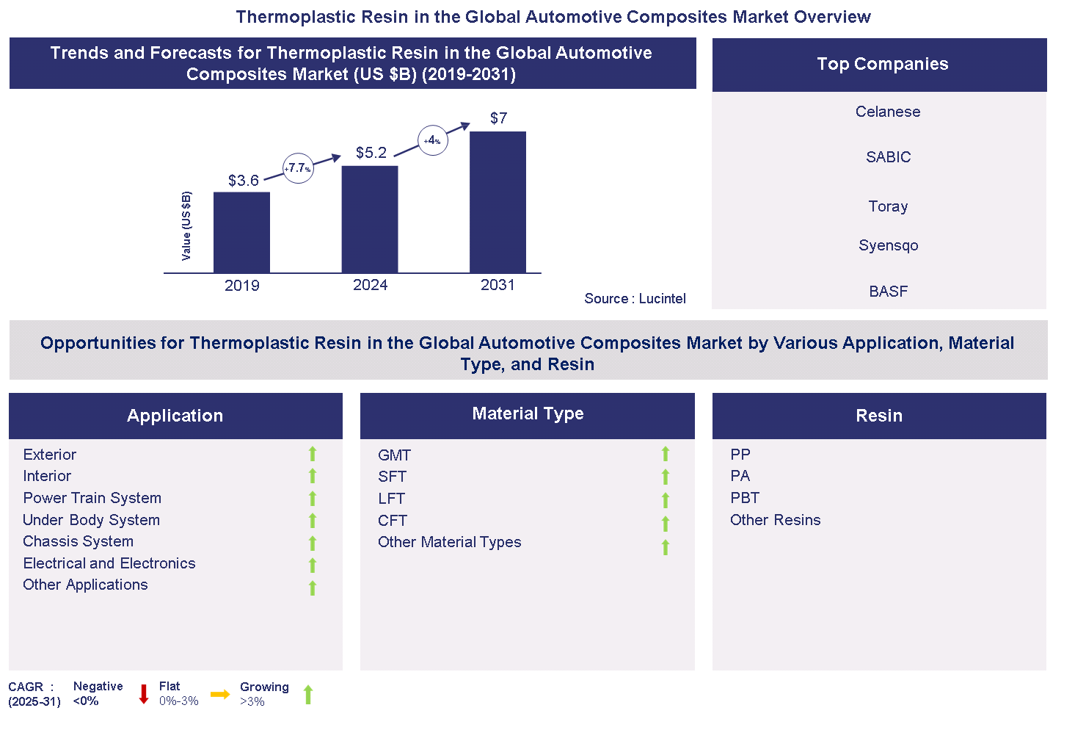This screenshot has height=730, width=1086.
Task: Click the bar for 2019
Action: coord(241,232)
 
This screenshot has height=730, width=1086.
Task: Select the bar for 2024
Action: coord(370,219)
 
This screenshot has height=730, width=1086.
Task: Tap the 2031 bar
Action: coord(498,202)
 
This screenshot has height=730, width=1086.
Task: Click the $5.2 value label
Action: coord(371,153)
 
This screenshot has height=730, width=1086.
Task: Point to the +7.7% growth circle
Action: coord(298,168)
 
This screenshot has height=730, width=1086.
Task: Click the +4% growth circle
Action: coord(433,140)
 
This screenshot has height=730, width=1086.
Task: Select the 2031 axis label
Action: coord(498,286)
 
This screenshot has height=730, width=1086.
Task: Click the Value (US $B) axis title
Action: coord(186,225)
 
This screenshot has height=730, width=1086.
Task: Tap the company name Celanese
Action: coord(888,112)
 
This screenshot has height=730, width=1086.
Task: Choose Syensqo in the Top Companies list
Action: coord(888,245)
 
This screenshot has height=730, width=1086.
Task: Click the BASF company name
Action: coord(888,292)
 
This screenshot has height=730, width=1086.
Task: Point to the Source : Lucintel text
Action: coord(635,299)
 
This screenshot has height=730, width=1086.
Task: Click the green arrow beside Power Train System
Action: coord(313,499)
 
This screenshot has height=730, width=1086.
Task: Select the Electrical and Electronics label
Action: coord(109,563)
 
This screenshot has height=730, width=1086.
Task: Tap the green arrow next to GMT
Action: coord(666,454)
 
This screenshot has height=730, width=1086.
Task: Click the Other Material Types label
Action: coord(449,542)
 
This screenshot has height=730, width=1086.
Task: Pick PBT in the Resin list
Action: coord(745,498)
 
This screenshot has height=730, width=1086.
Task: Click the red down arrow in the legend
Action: coord(144,694)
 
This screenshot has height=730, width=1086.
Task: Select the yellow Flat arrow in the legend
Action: coord(220,694)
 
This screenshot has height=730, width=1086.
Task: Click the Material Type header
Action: coord(528,414)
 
